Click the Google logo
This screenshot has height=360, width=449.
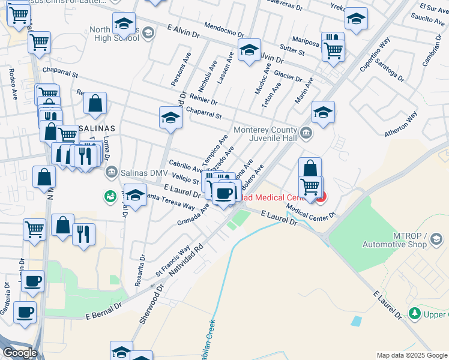[x=20, y=352]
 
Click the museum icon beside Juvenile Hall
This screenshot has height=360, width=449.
[x=306, y=133]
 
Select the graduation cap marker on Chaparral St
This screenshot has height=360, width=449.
[x=170, y=118]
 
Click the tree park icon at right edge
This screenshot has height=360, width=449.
[x=414, y=313]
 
